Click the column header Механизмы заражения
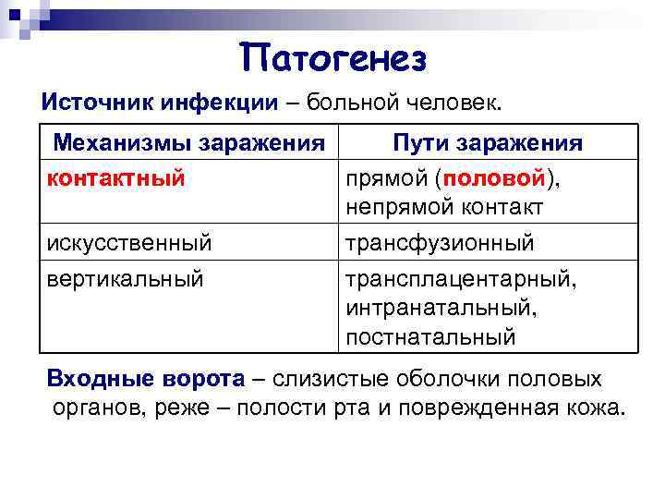tap(189, 143)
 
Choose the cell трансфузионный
tap(440, 243)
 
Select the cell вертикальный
tap(125, 276)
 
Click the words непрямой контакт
tap(444, 208)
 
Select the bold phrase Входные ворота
tap(146, 379)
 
